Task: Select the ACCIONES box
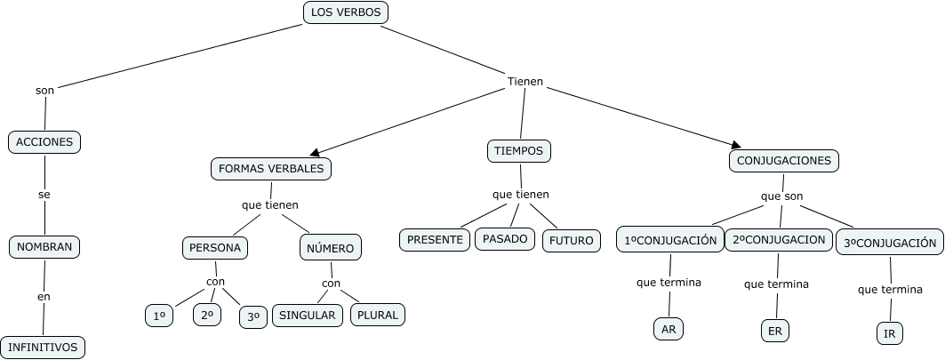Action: [44, 141]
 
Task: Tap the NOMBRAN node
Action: [44, 246]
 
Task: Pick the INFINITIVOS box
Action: [43, 346]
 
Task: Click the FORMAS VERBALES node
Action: [271, 168]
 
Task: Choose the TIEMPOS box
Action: [519, 151]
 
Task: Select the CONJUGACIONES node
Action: [784, 161]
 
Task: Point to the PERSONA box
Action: [214, 247]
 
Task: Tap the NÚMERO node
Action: [331, 248]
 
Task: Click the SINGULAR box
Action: [308, 315]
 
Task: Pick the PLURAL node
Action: [378, 315]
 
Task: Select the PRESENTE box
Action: [435, 239]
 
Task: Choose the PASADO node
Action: [505, 238]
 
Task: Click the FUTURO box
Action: [571, 240]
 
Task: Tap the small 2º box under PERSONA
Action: [207, 315]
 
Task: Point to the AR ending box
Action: [669, 328]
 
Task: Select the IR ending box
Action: [889, 333]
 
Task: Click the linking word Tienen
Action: [525, 82]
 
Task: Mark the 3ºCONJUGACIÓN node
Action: [890, 243]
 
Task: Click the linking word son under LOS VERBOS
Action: [44, 90]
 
